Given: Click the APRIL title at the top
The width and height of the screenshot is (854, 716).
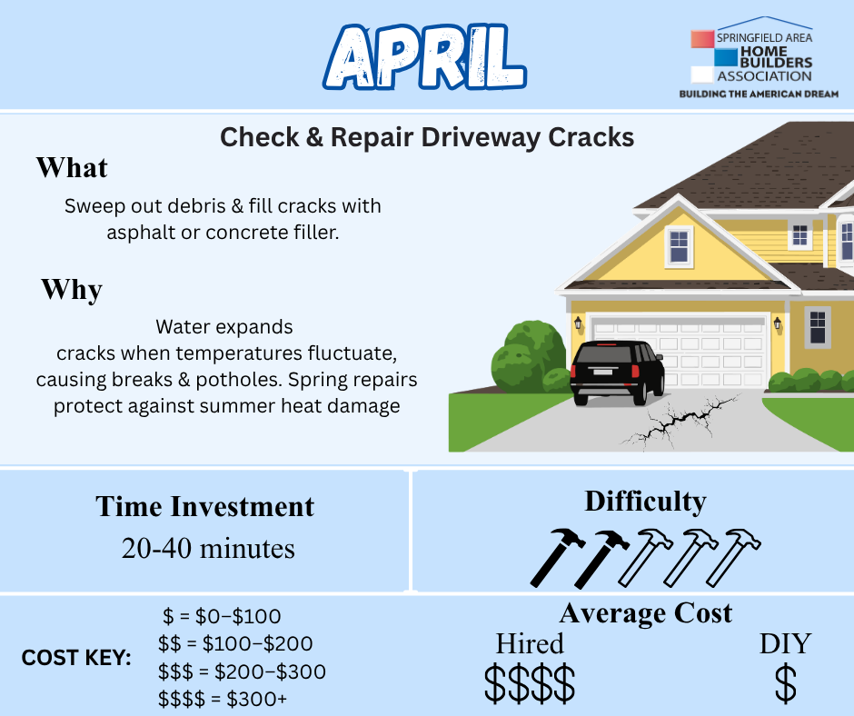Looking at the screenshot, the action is click(x=425, y=57).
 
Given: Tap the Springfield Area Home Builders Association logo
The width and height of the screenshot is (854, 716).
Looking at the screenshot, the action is click(x=758, y=57).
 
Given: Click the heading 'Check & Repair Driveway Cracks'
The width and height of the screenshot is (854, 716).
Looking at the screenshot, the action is click(x=427, y=137).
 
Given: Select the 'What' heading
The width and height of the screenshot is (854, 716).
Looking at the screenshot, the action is click(x=72, y=167).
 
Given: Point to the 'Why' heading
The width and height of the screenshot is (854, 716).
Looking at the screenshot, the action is click(x=72, y=289).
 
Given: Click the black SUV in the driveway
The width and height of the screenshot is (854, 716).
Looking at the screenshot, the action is click(x=617, y=373).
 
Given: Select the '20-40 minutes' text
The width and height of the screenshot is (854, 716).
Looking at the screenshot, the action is click(x=208, y=548).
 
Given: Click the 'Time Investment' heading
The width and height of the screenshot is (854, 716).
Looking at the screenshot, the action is click(x=204, y=506).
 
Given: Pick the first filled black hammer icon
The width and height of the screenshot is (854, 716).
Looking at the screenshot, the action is click(x=557, y=557).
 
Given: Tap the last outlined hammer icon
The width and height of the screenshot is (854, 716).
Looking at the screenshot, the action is click(x=733, y=557).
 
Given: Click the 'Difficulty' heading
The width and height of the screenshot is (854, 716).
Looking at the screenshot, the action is click(x=645, y=502).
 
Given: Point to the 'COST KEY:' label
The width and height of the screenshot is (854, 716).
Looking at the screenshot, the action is click(x=76, y=658).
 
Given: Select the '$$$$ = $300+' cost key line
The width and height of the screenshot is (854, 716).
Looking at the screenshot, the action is click(x=223, y=699).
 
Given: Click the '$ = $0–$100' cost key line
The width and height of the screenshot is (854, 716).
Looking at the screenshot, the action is click(x=222, y=616).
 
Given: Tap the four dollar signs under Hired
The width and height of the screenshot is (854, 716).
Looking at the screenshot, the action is click(x=530, y=682).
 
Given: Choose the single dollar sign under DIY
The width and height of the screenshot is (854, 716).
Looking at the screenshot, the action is click(x=785, y=682).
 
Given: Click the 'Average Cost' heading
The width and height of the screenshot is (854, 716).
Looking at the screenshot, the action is click(x=645, y=613).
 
